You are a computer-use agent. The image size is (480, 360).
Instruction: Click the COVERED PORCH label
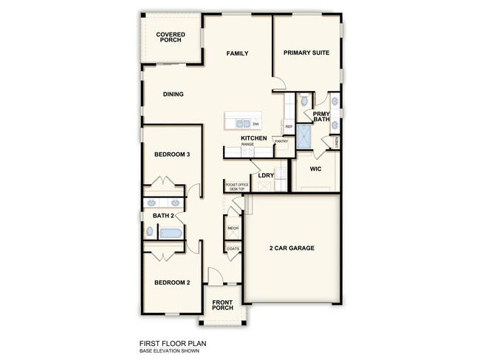171,38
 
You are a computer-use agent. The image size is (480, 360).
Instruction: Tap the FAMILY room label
237,53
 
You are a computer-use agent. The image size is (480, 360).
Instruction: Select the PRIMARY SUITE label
306,53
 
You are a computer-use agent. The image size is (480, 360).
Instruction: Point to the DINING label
174,94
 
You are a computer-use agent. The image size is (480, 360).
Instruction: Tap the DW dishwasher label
256,123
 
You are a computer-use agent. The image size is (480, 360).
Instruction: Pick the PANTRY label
281,141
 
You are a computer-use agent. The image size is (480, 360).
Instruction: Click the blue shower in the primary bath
304,137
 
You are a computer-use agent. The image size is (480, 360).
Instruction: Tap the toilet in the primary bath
304,101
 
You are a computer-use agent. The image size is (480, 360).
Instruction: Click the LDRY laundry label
266,175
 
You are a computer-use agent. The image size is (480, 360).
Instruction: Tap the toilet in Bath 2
150,231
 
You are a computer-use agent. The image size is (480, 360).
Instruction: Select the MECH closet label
233,228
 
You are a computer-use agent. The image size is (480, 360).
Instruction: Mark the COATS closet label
233,249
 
